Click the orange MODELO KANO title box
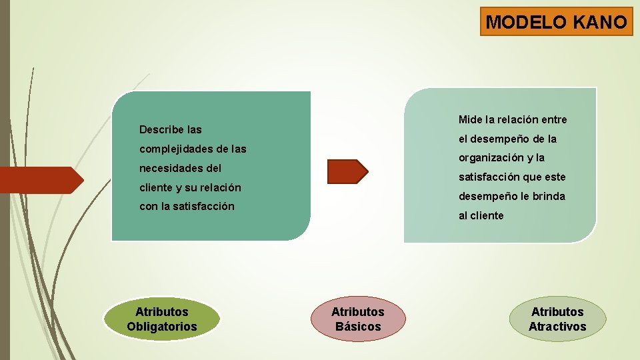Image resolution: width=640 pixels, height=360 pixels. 557,21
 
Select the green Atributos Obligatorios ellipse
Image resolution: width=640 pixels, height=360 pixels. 162,319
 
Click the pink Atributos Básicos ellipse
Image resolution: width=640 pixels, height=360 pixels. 358,319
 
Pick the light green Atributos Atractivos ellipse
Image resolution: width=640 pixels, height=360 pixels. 557,319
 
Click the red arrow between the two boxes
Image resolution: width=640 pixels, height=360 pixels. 347,171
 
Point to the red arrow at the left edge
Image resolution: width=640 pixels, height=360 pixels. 40,179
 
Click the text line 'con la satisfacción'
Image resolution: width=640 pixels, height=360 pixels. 187,207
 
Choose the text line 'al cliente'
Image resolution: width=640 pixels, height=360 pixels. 481,216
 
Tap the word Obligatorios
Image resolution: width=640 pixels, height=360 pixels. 162,327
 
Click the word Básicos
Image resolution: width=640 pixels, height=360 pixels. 358,327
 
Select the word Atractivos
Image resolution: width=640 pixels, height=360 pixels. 557,327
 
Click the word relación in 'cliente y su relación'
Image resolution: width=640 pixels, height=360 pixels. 219,187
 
